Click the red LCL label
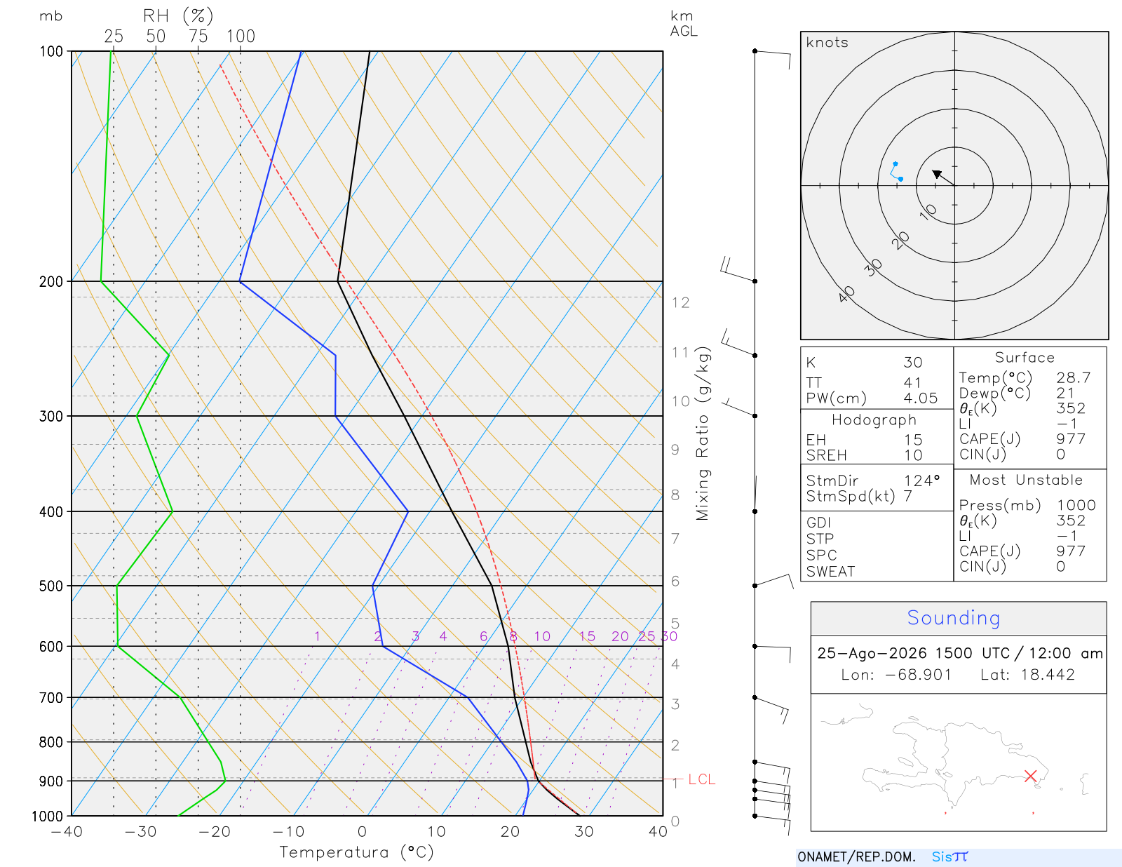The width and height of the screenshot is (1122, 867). pos(701,779)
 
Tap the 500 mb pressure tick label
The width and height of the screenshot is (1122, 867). pos(50,586)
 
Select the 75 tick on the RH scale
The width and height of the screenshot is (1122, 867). pos(198,36)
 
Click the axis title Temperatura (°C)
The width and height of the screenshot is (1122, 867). pos(356,852)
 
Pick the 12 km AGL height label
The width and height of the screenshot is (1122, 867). pos(680,302)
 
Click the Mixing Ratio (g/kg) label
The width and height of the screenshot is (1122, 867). pos(703,433)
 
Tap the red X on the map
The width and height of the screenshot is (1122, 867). pos(1031,776)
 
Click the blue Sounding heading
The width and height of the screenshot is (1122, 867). pos(954,617)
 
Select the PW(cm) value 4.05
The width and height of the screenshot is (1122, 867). pos(920,398)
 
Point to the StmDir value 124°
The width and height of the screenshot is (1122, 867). pos(921,480)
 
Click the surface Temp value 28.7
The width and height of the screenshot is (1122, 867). pos(1073,377)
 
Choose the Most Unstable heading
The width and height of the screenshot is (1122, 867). pos(1026,480)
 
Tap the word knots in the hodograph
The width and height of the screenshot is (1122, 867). pos(827,42)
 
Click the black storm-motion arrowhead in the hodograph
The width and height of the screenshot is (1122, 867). pos(936,173)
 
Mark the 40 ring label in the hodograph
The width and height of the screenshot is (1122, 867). pos(846,295)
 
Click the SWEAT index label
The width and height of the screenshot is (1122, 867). pos(830,572)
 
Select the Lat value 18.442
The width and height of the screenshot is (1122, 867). pos(1048,674)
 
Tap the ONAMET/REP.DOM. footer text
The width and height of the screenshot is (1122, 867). pos(856,856)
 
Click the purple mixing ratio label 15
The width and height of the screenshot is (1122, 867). pos(587,636)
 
